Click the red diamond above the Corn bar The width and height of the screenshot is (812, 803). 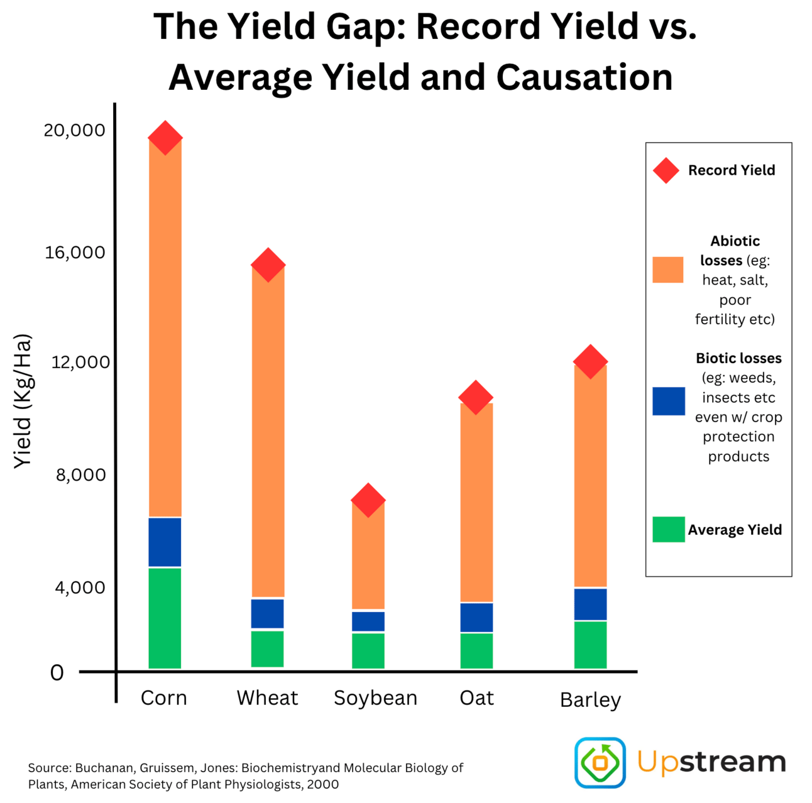pos(165,138)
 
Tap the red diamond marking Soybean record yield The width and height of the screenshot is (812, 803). pos(368,500)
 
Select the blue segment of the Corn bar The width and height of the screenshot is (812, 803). pos(165,542)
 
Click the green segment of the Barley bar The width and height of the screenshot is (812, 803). pos(590,644)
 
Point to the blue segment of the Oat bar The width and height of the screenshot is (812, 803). pos(476,617)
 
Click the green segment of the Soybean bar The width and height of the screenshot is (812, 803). pos(368,650)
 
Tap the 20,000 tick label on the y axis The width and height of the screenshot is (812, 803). pos(74,130)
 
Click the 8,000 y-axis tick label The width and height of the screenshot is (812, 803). pos(80,474)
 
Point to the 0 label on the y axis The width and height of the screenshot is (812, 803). pos(57,673)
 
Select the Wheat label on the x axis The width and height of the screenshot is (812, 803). pos(267,698)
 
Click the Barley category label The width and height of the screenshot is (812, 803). pos(590,699)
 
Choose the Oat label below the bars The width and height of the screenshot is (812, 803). pos(476,698)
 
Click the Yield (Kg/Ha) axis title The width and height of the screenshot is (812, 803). pos(23,401)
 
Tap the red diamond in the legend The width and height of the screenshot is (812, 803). pos(666,170)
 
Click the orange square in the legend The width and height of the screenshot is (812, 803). pos(667,270)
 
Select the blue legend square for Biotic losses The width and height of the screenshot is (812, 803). pos(668,401)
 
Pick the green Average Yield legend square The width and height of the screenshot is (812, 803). pos(668,529)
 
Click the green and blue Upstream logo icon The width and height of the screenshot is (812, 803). pos(600,762)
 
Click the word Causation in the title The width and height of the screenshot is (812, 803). pos(584,78)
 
